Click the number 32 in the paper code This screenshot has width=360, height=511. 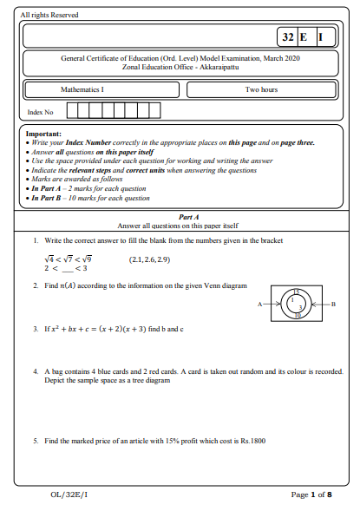288,37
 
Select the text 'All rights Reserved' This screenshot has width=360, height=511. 49,15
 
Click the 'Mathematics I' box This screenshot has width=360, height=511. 81,89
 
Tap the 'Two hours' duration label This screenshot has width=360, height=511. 261,89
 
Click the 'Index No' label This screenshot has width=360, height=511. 41,112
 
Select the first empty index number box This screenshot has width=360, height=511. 72,110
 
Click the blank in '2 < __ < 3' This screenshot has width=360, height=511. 68,269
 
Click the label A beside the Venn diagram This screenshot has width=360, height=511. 259,305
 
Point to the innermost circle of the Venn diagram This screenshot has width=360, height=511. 293,300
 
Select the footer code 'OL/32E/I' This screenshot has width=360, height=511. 69,495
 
